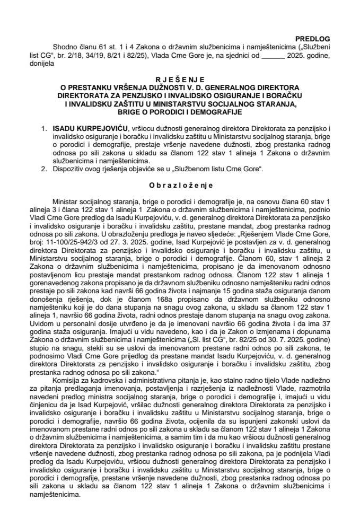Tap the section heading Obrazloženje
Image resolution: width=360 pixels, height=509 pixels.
180,186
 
